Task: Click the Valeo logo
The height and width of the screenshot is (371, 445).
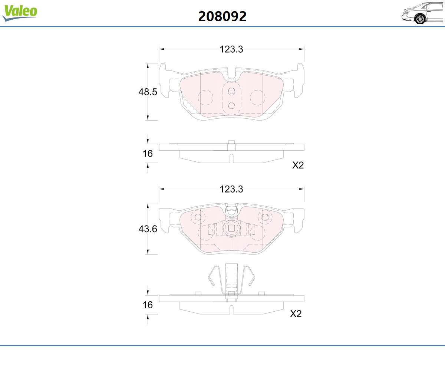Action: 20,13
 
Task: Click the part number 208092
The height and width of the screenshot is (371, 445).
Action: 222,16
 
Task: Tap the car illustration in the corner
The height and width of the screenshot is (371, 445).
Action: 423,13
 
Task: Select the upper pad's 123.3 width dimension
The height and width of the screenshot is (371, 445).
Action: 231,49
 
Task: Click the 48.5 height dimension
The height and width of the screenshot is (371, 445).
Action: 148,92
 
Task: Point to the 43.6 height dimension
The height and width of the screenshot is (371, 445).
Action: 148,229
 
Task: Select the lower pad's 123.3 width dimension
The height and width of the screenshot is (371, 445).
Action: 231,189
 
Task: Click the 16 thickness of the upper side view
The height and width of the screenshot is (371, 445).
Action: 148,154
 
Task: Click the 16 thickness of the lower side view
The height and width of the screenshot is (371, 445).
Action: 148,305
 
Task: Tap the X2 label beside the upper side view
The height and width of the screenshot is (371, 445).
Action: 298,165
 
